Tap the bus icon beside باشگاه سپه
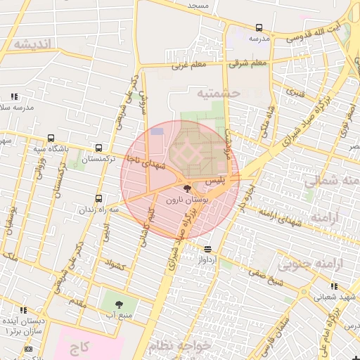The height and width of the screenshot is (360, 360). (x=50, y=138)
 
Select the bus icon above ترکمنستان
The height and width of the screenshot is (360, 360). (x=98, y=148)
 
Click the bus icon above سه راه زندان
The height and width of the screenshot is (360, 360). (x=98, y=198)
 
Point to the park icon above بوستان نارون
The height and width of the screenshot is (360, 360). (x=186, y=188)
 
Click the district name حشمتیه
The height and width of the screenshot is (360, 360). (x=219, y=93)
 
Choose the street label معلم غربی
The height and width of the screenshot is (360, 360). (x=188, y=66)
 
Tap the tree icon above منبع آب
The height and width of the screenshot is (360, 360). (x=118, y=304)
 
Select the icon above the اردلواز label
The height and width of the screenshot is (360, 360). (x=207, y=249)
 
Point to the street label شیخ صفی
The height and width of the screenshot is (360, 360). (x=264, y=285)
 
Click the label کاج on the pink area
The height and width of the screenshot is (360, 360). (x=79, y=347)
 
